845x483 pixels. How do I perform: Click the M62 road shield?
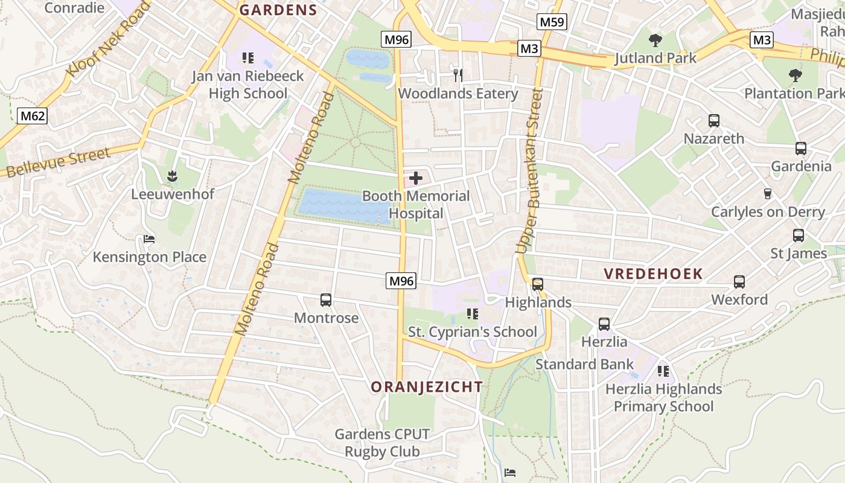click(x=32, y=116)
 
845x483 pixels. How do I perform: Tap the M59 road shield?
click(x=552, y=22)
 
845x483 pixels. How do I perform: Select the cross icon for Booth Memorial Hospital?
click(x=416, y=178)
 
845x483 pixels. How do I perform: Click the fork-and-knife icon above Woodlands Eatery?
click(x=458, y=75)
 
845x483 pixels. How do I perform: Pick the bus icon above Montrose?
click(x=326, y=299)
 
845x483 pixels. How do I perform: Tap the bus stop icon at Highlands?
click(x=537, y=284)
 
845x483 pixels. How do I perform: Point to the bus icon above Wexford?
click(x=739, y=281)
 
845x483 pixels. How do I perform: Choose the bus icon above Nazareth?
click(x=714, y=120)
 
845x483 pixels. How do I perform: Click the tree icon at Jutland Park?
click(x=655, y=40)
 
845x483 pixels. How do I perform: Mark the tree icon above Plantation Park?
click(x=796, y=75)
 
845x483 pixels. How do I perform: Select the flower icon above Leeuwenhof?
click(x=173, y=176)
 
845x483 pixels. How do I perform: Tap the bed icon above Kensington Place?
click(x=149, y=239)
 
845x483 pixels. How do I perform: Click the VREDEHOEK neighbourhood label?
click(x=654, y=273)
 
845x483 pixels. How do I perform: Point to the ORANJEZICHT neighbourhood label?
click(x=427, y=387)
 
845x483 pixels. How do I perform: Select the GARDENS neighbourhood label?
click(x=278, y=10)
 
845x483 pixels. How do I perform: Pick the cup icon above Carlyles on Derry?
click(x=768, y=194)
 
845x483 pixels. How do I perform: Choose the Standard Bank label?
click(x=584, y=364)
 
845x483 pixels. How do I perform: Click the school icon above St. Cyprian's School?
click(x=472, y=314)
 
